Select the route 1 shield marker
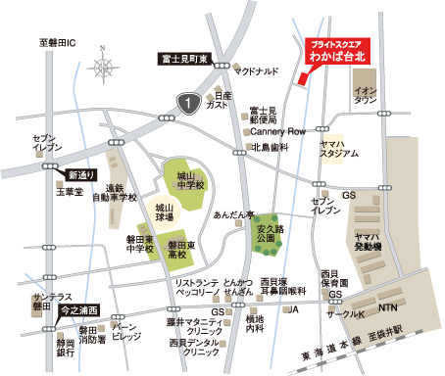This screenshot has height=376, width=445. click(x=185, y=101)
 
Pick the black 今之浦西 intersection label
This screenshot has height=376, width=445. click(x=78, y=309)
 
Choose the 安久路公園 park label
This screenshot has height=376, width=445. click(x=269, y=232)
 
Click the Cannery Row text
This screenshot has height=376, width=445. click(x=278, y=131)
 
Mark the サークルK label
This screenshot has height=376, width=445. click(x=345, y=315)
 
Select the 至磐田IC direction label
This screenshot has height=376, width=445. click(x=58, y=43)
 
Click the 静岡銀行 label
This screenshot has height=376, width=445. click(x=66, y=349)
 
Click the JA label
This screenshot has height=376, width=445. click(x=291, y=309)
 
